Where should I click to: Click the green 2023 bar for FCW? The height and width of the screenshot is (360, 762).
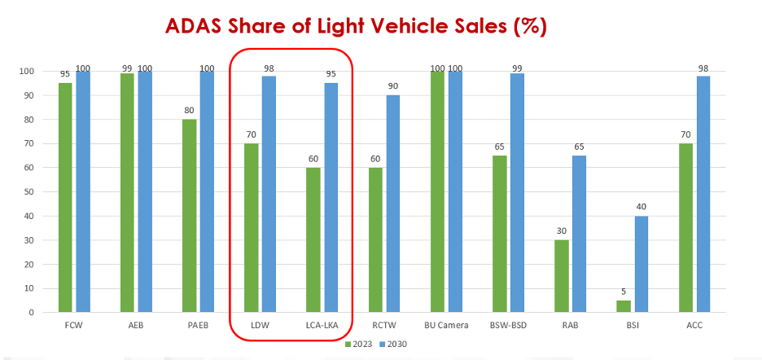[65, 197]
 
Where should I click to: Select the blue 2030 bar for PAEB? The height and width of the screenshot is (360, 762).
[207, 191]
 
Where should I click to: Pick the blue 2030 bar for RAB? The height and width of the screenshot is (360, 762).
[579, 234]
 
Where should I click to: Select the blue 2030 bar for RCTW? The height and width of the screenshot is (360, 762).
[393, 204]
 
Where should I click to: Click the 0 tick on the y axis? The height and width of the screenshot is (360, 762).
[31, 313]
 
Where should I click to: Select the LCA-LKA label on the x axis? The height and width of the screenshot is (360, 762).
[322, 325]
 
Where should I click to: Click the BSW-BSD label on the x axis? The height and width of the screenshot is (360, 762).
[508, 325]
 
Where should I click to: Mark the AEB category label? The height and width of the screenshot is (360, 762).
[136, 325]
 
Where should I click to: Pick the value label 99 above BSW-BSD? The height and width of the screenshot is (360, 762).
[517, 66]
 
